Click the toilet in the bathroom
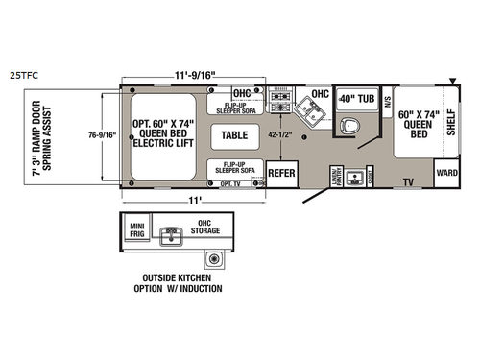point(350,127)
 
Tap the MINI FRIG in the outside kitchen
point(136,228)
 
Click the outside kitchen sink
point(173,233)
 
